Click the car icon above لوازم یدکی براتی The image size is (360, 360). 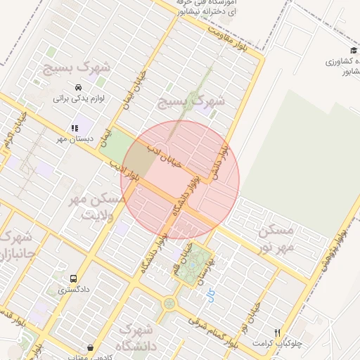[x=77, y=87]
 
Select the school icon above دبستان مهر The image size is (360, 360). [x=74, y=128]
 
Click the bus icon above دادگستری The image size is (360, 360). [x=73, y=278]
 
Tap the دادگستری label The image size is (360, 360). [x=73, y=289]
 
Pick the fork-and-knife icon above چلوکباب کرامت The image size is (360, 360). [x=278, y=332]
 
